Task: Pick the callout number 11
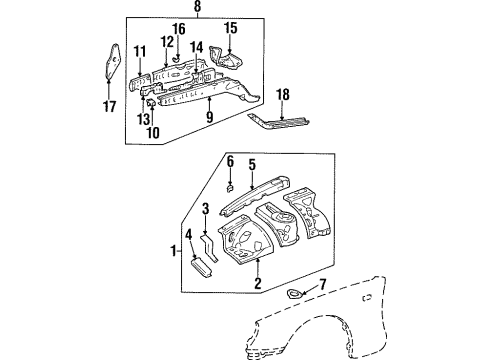point(140,52)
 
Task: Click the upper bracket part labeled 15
point(230,62)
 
